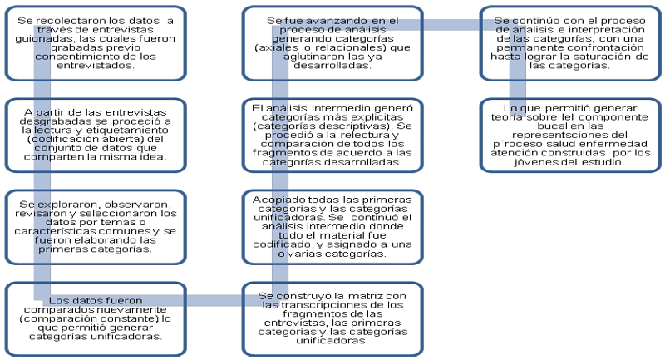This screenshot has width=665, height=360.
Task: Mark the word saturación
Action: tap(599, 56)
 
